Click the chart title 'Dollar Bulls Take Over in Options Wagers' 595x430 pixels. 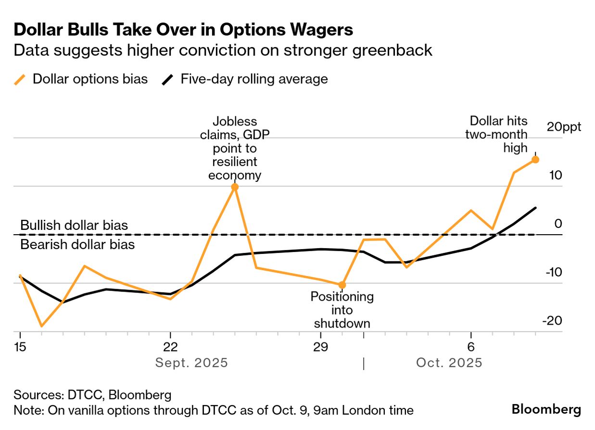[183, 30]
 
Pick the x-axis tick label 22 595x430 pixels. [171, 347]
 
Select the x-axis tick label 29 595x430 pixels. [320, 347]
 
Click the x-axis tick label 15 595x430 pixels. [20, 347]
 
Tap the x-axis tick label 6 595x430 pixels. [470, 347]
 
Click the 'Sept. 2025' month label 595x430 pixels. [191, 363]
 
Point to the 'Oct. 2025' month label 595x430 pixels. [449, 363]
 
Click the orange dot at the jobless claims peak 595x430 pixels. [235, 187]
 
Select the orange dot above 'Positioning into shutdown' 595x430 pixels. [342, 285]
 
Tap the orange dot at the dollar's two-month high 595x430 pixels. [535, 159]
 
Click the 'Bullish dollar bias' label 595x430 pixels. [74, 225]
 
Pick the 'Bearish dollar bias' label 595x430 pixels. [77, 244]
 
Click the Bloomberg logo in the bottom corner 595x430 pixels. [546, 410]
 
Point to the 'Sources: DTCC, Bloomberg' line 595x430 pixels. [92, 395]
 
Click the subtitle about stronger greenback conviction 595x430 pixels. [223, 50]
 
